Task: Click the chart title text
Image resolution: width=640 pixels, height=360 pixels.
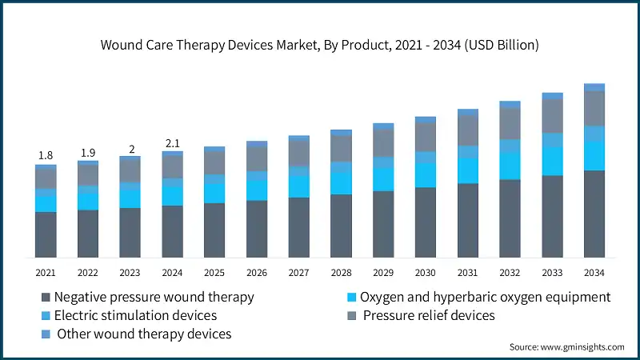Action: coord(319,45)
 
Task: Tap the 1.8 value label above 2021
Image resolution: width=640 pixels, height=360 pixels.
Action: coord(46,155)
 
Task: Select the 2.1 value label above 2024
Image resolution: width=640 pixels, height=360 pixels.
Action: coord(172,142)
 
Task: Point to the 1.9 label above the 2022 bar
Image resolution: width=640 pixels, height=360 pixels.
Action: coord(88,152)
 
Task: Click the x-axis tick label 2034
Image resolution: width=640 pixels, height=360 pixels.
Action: coord(594,273)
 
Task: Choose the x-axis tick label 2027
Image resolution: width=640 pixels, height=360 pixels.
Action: coord(298,273)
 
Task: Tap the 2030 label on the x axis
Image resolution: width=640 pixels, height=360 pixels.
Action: coord(425,273)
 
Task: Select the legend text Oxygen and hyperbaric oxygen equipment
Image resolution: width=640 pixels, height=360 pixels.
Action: coord(485,297)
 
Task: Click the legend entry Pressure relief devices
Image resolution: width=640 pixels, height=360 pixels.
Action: coord(429,315)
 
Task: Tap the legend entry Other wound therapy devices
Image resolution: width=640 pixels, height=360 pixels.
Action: coord(143,334)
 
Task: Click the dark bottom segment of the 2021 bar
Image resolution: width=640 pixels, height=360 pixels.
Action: coord(46,234)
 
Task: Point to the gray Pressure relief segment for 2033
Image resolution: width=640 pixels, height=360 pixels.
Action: coord(552,116)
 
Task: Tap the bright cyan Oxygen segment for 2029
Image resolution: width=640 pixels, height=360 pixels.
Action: coord(383,179)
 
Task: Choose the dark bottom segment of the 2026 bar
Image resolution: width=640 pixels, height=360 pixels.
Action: coord(257,229)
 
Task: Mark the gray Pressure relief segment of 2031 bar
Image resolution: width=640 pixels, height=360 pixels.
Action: coord(467,130)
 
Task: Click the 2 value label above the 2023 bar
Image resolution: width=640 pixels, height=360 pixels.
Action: coord(130,149)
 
